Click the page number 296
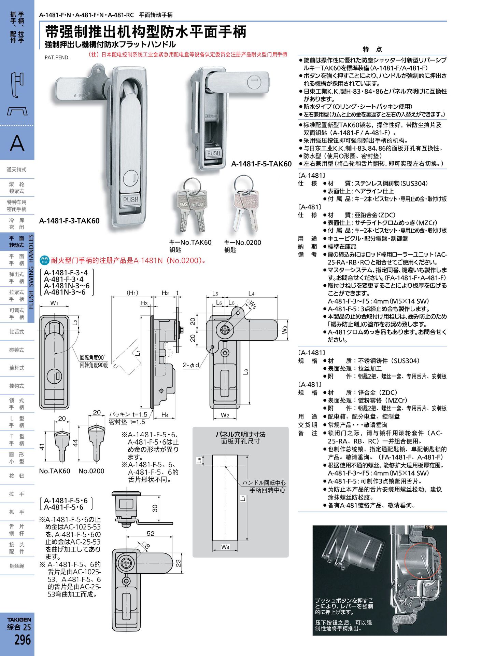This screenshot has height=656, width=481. click(x=22, y=640)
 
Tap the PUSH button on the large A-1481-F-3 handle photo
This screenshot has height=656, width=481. click(x=131, y=200)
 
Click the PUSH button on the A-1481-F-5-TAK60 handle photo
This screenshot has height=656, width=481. click(x=214, y=153)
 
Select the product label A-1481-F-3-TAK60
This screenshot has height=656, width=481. click(x=69, y=221)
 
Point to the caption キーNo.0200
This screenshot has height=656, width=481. click(x=242, y=242)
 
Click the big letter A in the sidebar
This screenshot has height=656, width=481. click(x=17, y=143)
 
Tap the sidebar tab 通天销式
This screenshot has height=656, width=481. click(x=17, y=169)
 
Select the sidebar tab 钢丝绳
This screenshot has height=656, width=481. click(x=17, y=566)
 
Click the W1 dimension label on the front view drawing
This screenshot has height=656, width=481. click(x=54, y=303)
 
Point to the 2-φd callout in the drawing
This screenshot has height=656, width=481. click(x=191, y=365)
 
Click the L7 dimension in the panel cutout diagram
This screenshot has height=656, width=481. click(x=242, y=498)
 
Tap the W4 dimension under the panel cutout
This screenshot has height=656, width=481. click(x=225, y=547)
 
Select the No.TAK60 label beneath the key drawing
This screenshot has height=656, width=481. click(x=55, y=471)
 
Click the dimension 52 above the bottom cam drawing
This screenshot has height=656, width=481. click(x=151, y=533)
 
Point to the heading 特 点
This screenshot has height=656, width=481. click(x=372, y=49)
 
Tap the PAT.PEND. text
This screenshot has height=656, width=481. click(x=57, y=57)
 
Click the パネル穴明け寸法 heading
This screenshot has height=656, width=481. click(x=240, y=434)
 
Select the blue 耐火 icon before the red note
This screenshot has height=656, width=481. click(x=44, y=260)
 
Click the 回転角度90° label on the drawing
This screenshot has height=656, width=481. click(x=93, y=357)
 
